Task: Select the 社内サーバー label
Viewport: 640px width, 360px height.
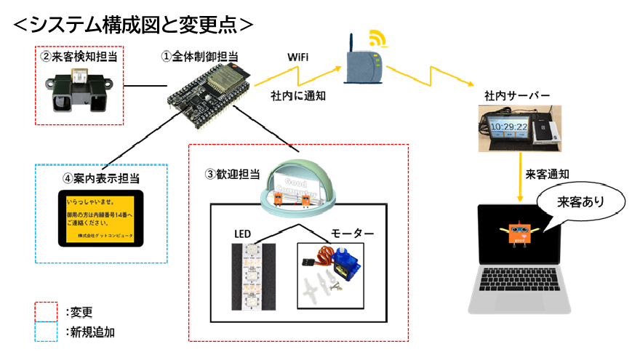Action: pos(517,96)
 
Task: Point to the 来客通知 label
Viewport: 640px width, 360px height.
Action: pos(547,175)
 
